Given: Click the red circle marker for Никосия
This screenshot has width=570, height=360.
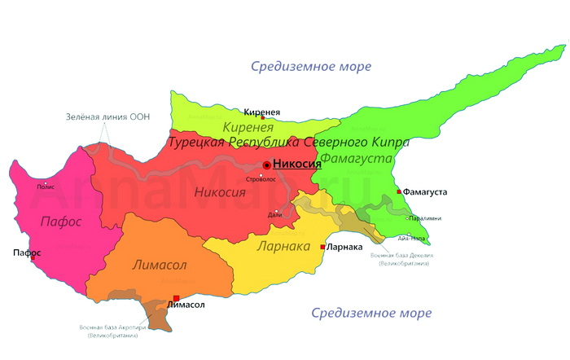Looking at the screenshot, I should point(266,165).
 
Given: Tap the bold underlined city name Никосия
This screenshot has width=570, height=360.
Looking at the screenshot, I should point(296,164).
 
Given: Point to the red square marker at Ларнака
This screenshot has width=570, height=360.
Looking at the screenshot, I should point(323,246).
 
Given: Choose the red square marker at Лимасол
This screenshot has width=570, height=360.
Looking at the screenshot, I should point(176,298).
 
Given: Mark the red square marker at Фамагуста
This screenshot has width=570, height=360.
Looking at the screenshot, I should point(398,191).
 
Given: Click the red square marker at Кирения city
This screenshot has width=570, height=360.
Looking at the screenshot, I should point(262,118).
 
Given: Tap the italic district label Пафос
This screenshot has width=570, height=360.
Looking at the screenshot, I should point(61,222).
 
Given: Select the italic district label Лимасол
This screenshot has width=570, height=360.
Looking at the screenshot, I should point(160,265).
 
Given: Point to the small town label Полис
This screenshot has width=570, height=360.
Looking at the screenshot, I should point(46,187).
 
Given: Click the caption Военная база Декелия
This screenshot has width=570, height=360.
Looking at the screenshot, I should point(399,256).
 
